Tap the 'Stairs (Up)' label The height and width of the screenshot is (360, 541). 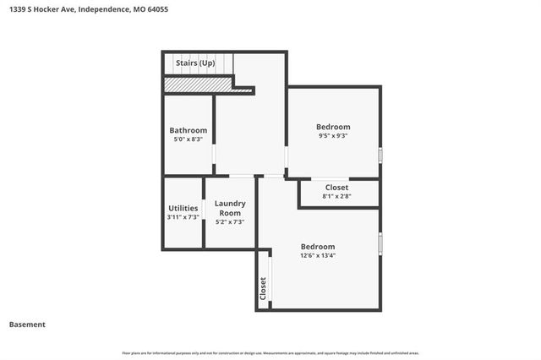[194, 63]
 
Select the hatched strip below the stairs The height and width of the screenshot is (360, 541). [198, 84]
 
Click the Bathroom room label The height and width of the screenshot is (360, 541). [188, 130]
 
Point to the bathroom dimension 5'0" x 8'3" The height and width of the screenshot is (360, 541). [188, 139]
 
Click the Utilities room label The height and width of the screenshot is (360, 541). [183, 208]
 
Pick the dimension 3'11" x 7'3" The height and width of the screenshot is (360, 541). [183, 218]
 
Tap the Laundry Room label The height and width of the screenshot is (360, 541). [230, 208]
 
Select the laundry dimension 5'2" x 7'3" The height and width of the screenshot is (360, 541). [230, 222]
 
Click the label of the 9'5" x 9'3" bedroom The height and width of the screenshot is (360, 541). [333, 127]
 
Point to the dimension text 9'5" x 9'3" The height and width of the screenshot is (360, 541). [333, 136]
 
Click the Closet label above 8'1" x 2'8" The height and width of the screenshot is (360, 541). [337, 187]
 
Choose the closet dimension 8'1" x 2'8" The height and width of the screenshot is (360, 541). [337, 196]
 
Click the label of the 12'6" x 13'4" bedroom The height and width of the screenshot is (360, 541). [318, 247]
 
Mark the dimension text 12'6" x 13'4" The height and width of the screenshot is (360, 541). [318, 256]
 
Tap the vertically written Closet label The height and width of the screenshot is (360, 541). [264, 289]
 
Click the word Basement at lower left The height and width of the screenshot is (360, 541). [27, 325]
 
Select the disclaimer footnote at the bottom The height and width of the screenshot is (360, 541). [270, 352]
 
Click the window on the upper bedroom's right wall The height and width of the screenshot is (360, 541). [380, 155]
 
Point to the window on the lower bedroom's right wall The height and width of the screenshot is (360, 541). [380, 243]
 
